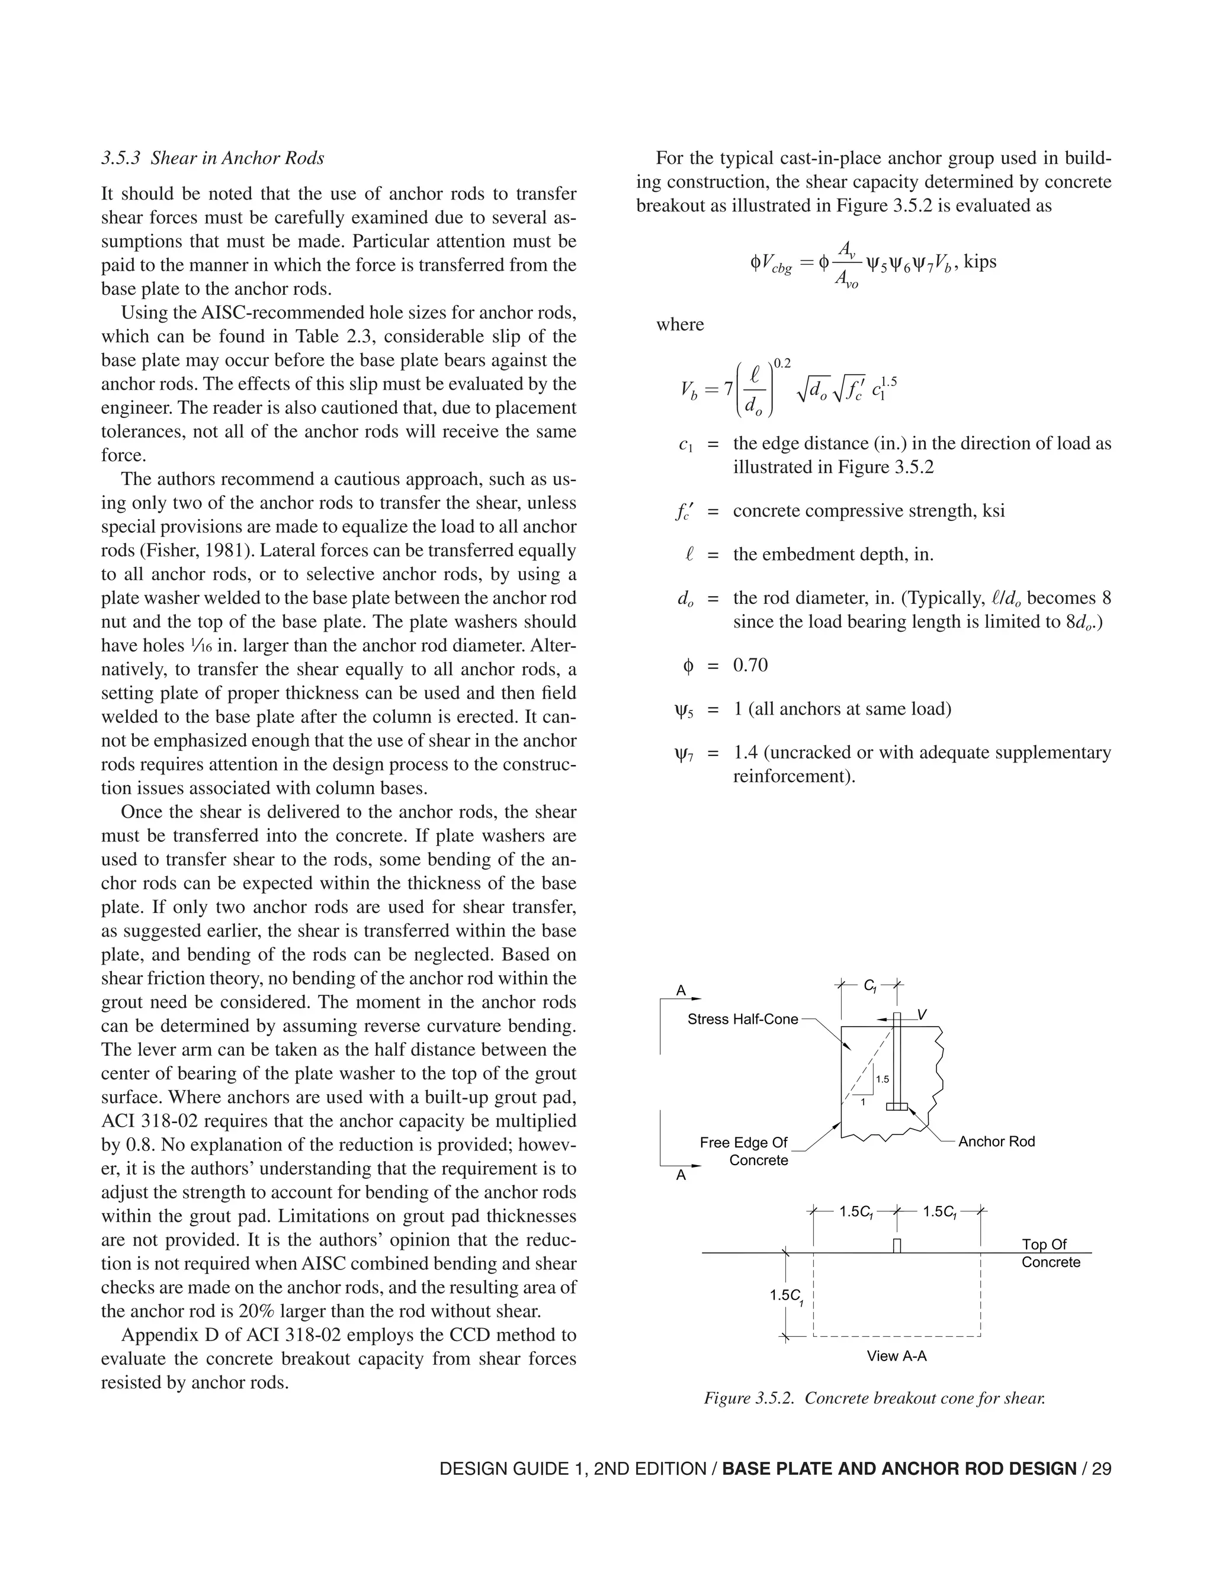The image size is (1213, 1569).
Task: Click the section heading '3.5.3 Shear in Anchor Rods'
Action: [x=213, y=158]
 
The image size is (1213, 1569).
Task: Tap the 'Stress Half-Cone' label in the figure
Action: [x=742, y=1019]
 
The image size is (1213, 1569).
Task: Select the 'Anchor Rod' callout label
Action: [x=996, y=1142]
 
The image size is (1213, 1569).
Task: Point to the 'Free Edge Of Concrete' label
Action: [x=744, y=1151]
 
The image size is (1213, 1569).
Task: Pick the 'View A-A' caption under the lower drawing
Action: [x=896, y=1356]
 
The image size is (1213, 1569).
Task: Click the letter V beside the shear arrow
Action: [x=922, y=1014]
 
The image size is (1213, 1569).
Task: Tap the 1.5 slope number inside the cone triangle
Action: [x=883, y=1079]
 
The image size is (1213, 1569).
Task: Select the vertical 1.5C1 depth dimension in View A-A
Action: [x=786, y=1295]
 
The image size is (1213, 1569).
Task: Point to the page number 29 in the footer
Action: [x=1102, y=1468]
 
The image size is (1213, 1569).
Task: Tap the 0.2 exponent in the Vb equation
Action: [x=782, y=364]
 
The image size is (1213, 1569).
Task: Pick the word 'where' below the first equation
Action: [x=680, y=324]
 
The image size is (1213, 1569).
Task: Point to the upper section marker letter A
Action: [x=681, y=991]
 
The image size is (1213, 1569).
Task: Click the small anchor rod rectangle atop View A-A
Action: [x=897, y=1245]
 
